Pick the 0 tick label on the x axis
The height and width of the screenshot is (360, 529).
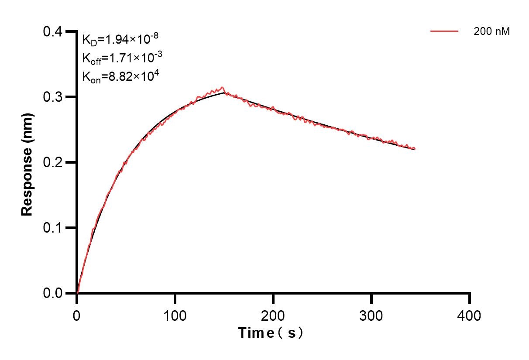coord(77,315)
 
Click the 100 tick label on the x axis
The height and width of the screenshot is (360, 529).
coord(175,315)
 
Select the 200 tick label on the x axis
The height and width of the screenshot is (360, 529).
coord(273,315)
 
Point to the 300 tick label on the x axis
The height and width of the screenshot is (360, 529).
coord(371,315)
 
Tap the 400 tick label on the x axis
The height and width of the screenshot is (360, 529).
coord(470,315)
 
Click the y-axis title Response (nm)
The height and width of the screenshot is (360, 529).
coord(27,163)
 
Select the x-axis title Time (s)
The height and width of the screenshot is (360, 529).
coord(271,333)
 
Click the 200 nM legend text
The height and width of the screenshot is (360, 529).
coord(491,31)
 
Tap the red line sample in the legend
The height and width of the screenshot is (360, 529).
coord(444,31)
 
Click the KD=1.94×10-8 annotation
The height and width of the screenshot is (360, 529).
coord(120,40)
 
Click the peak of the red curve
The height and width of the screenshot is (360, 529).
coord(222,88)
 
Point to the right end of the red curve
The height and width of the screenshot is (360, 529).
coord(414,149)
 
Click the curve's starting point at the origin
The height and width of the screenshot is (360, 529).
coord(77,293)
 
